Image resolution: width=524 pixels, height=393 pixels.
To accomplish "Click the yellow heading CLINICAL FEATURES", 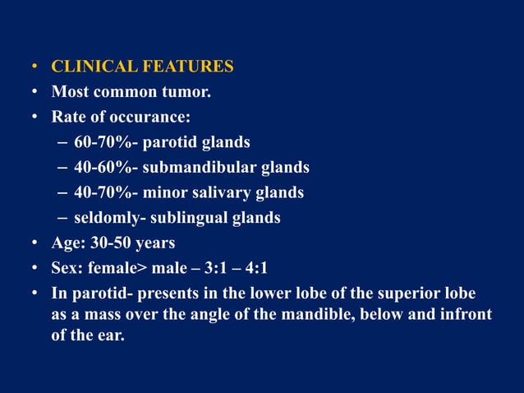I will click(x=143, y=67).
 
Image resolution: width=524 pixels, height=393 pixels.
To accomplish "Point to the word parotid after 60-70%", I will click(x=171, y=143).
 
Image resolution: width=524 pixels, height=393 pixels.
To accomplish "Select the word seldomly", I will click(x=104, y=219).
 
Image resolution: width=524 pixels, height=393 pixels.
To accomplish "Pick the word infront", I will click(x=465, y=315).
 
